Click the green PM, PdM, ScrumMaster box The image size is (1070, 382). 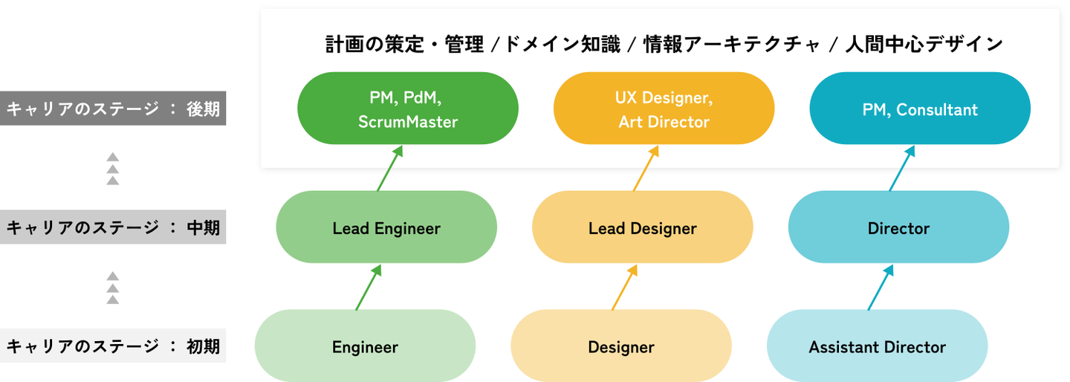point(407,109)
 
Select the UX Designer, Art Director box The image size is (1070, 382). point(664,109)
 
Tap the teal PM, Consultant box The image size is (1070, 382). point(920,109)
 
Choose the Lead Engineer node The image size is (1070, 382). point(386,227)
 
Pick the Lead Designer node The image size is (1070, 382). point(642,227)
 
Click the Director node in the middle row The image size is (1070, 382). point(898,227)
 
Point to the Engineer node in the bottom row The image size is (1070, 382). point(365,346)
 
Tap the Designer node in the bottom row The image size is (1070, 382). point(621,346)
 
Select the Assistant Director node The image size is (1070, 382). point(877,346)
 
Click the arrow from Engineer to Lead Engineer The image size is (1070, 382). point(369,288)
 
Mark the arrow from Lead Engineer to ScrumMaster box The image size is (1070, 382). point(390,169)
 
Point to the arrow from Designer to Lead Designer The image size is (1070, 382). point(624,288)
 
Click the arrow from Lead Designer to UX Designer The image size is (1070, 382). point(646,169)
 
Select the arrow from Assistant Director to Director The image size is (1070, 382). point(881,288)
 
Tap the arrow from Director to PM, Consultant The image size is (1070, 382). point(902,169)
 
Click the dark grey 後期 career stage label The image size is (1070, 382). point(113,109)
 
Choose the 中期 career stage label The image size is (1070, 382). point(113,227)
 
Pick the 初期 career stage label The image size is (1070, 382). point(113,346)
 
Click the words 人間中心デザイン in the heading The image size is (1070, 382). point(924,45)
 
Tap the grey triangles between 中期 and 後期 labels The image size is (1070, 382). point(113,169)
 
